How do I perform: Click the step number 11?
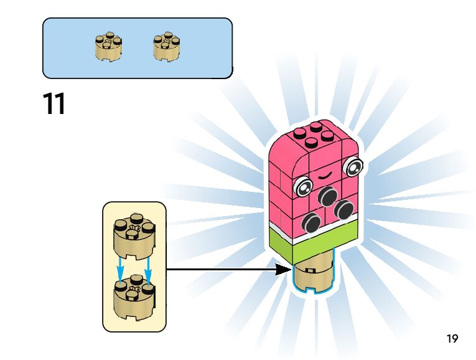tap(54, 104)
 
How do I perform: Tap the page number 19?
tap(452, 339)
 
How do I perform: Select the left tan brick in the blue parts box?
tap(108, 47)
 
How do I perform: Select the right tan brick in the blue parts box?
tap(166, 47)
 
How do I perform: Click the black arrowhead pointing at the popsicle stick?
tap(284, 270)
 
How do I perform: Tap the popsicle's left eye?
tap(304, 186)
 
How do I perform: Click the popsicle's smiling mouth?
tap(327, 176)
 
